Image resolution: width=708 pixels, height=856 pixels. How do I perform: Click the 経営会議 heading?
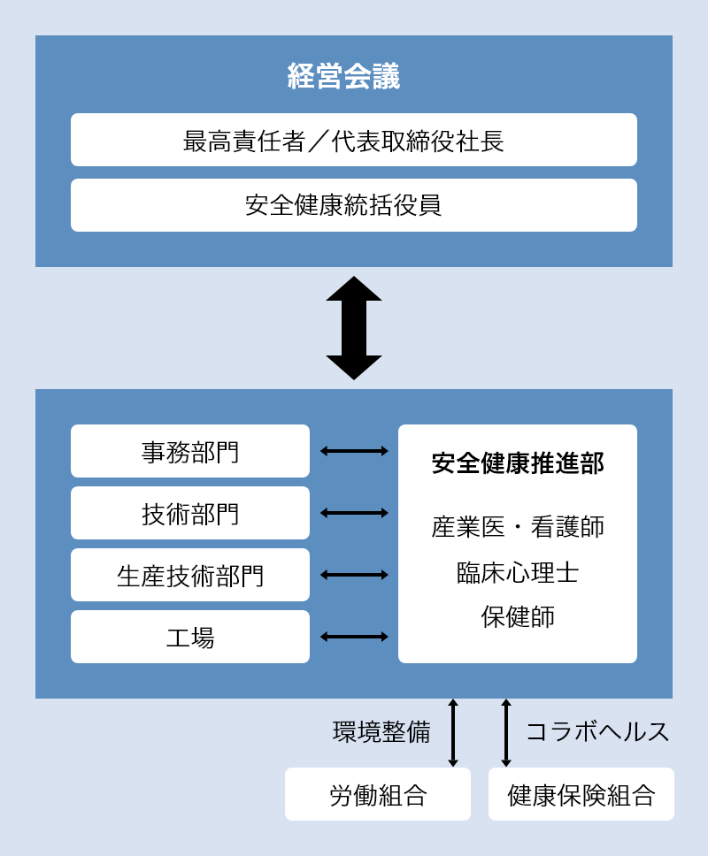pyautogui.click(x=343, y=76)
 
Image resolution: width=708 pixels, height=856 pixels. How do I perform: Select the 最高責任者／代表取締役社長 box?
pyautogui.click(x=354, y=140)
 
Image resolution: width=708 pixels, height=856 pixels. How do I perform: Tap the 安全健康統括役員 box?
pyautogui.click(x=354, y=205)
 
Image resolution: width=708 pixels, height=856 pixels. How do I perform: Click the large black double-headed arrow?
pyautogui.click(x=354, y=327)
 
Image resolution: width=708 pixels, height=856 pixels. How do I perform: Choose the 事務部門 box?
pyautogui.click(x=190, y=451)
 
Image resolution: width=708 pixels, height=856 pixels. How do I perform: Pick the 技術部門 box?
pyautogui.click(x=190, y=513)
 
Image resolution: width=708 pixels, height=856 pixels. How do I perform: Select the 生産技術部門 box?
pyautogui.click(x=190, y=575)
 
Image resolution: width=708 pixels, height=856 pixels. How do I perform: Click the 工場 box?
pyautogui.click(x=190, y=637)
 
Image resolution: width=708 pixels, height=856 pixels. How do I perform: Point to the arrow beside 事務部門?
pyautogui.click(x=354, y=451)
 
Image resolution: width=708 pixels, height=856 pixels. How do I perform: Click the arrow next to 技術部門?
pyautogui.click(x=354, y=513)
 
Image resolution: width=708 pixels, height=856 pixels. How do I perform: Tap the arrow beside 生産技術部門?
pyautogui.click(x=354, y=575)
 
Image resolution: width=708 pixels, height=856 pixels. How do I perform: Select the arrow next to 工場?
pyautogui.click(x=354, y=637)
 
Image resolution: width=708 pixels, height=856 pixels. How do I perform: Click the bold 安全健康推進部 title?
pyautogui.click(x=518, y=463)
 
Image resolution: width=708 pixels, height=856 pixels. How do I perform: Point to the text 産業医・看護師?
pyautogui.click(x=518, y=527)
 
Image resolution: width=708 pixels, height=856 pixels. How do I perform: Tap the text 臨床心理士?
pyautogui.click(x=518, y=573)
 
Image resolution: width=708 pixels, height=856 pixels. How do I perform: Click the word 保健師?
pyautogui.click(x=518, y=617)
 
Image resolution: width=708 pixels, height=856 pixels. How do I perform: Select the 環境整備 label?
pyautogui.click(x=381, y=732)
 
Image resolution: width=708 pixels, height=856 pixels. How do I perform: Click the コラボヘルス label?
pyautogui.click(x=597, y=732)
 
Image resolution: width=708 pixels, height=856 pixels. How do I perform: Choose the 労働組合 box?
pyautogui.click(x=378, y=794)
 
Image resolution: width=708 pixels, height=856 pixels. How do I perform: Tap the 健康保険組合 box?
pyautogui.click(x=581, y=794)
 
